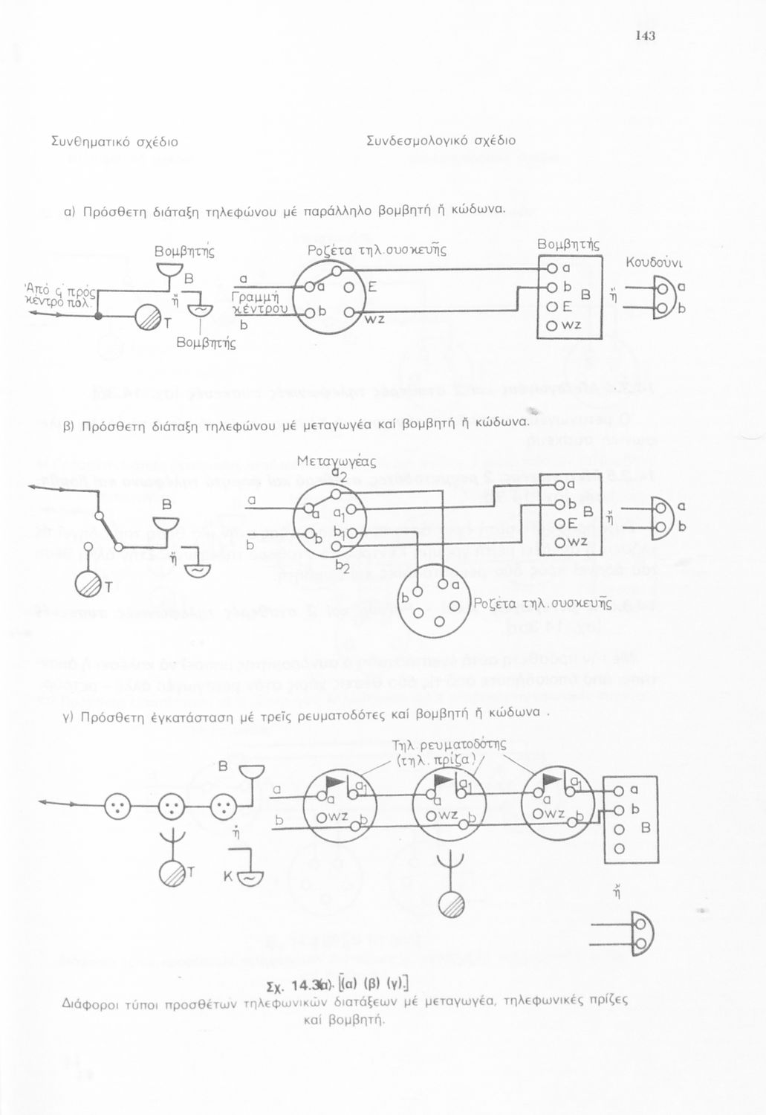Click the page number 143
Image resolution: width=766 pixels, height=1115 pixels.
[x=645, y=36]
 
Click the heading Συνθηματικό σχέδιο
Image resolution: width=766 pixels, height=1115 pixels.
[x=114, y=141]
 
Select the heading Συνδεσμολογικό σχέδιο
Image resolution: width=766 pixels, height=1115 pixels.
[x=441, y=141]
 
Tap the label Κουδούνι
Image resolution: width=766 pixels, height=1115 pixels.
[x=653, y=262]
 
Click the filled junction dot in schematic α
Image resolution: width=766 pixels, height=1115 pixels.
[x=98, y=316]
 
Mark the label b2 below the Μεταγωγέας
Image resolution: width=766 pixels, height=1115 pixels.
[x=343, y=567]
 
